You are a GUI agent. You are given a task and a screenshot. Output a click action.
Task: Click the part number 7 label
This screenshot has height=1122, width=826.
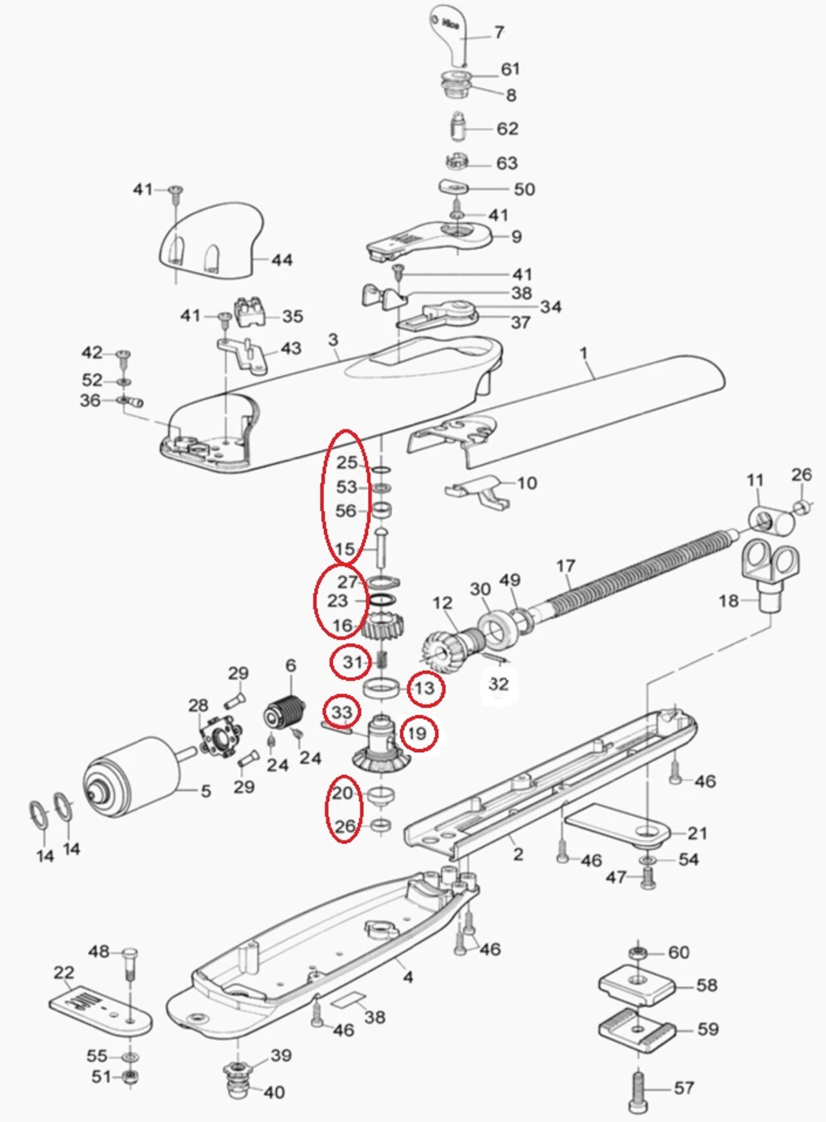[499, 32]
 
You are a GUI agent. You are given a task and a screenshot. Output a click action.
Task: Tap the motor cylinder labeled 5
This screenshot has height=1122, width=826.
[128, 776]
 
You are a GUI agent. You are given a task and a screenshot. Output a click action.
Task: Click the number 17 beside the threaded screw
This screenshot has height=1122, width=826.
[565, 565]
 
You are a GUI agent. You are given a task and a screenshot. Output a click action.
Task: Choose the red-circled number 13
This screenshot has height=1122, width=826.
[425, 688]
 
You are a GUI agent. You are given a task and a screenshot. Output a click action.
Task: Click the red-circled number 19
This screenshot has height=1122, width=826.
[418, 733]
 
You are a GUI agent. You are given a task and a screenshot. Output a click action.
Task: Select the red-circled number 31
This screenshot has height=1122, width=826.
[353, 662]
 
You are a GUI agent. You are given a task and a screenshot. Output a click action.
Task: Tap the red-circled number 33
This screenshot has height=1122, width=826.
[341, 712]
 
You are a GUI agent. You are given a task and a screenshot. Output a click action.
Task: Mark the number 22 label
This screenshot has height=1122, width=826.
[64, 973]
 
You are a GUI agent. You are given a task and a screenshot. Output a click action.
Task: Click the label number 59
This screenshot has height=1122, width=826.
[708, 1029]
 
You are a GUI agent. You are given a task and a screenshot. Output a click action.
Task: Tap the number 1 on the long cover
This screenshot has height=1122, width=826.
[583, 353]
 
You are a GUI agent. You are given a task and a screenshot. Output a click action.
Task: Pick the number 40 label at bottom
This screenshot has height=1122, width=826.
[274, 1092]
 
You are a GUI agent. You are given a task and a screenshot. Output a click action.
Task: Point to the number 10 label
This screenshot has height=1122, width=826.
[527, 482]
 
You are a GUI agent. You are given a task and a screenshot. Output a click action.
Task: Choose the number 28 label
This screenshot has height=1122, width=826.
[198, 705]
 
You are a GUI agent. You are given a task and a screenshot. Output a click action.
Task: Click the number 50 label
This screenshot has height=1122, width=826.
[525, 189]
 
